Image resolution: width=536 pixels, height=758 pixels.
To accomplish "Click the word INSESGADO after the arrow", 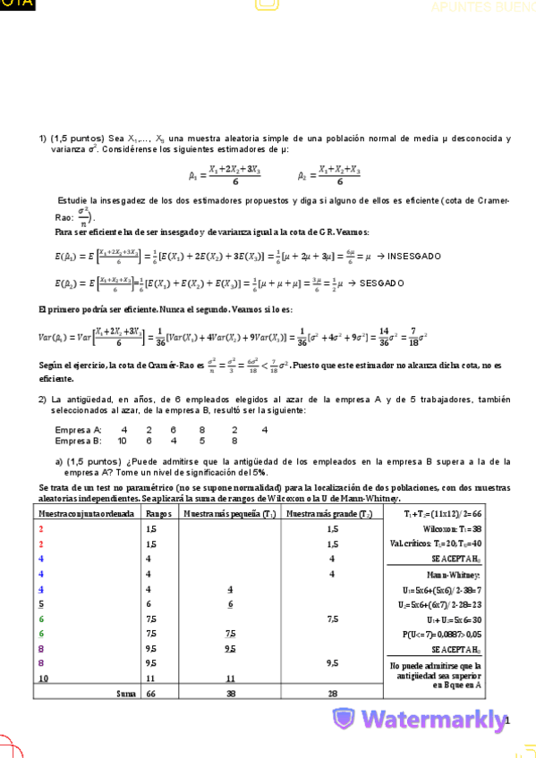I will tap(414, 257).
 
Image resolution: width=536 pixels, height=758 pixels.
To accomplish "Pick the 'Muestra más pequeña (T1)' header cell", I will tap(229, 515).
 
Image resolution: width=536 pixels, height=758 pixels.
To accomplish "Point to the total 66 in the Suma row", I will tap(149, 693).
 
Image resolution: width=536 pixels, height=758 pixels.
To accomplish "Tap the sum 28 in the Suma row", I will tap(332, 693).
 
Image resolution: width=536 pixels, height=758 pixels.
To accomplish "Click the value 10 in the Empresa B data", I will tap(122, 441).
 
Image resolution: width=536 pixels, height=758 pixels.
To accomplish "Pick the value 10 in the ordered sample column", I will tap(43, 678).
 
